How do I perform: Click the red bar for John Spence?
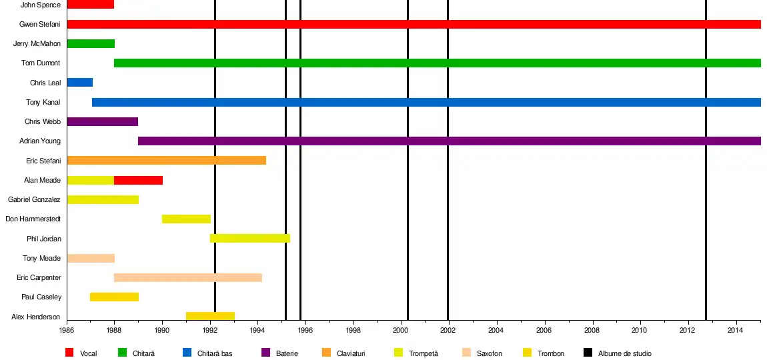tap(90, 5)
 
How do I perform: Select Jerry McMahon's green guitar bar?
tap(91, 44)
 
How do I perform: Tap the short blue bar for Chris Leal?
tap(79, 83)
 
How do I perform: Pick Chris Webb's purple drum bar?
tap(102, 121)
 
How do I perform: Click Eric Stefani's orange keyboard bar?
tap(166, 160)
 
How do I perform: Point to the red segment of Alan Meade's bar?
tap(138, 180)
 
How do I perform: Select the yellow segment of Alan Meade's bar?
tap(90, 180)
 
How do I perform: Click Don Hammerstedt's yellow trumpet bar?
tap(186, 219)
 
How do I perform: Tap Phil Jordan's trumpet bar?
tap(249, 238)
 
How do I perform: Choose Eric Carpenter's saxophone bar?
tap(187, 277)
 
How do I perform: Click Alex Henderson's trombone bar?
tap(210, 316)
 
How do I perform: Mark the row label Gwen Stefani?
tap(40, 25)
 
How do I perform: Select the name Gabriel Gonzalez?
tap(34, 199)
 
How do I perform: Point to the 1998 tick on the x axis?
tap(353, 330)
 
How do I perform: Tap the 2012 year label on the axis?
tap(687, 330)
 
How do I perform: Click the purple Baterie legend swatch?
tap(265, 352)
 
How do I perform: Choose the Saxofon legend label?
tap(490, 353)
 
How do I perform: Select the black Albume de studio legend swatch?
tap(588, 352)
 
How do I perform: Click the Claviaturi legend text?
tap(351, 353)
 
